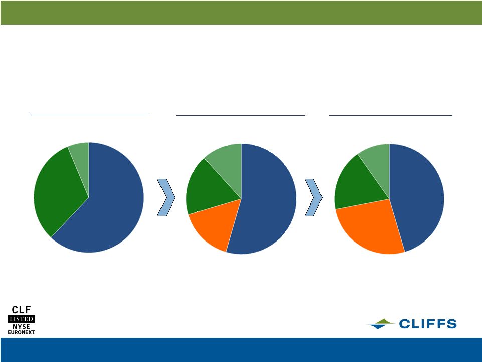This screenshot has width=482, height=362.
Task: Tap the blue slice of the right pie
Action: (415, 194)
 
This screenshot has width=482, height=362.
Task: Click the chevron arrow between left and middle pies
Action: (166, 197)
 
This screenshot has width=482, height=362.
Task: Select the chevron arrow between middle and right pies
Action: (313, 197)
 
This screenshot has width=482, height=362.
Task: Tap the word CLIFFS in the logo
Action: (428, 324)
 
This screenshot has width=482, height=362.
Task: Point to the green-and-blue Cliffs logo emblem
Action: (381, 324)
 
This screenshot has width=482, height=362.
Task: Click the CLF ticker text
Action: (21, 310)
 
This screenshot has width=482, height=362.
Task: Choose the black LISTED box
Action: (21, 319)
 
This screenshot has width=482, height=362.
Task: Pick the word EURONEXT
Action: (21, 332)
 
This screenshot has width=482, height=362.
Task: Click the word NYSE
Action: (21, 326)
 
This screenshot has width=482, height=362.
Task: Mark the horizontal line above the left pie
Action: (89, 115)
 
